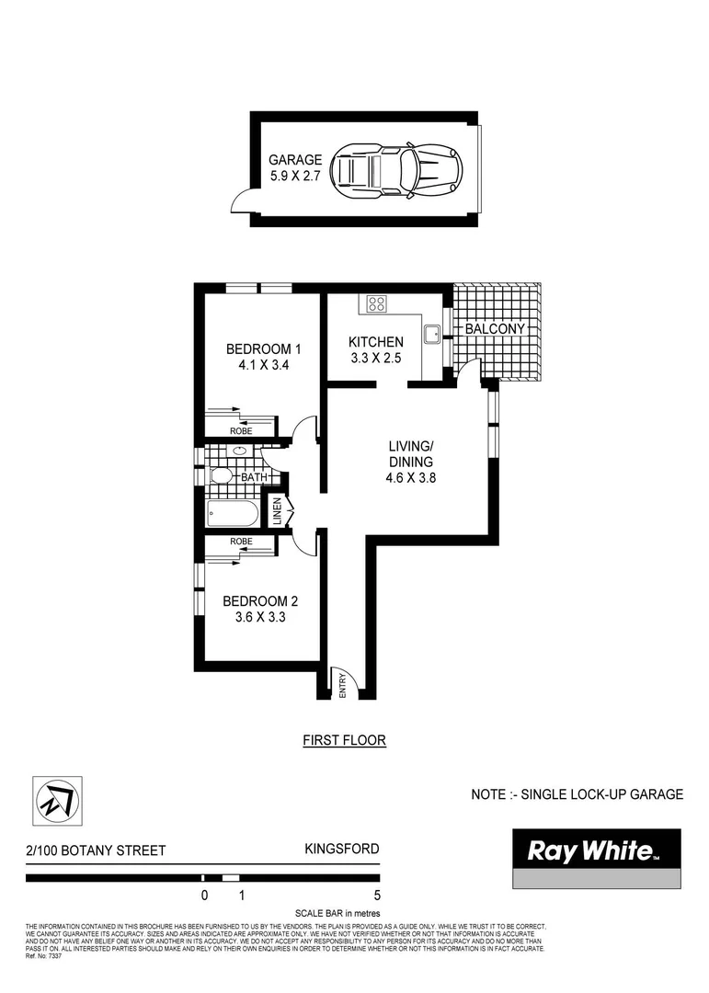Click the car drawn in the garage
coord(396,169)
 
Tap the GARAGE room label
coord(294,159)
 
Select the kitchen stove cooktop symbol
coord(377,303)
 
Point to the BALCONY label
coord(495,328)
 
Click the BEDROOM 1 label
coord(263,348)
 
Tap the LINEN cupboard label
coord(275,512)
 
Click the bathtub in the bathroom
coord(233,513)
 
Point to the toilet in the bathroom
coord(221,476)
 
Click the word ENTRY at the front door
coord(342,686)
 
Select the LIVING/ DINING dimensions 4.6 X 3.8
coord(409,478)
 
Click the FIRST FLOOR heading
coord(344,740)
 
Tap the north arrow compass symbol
coord(57,801)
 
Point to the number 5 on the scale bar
coord(376,895)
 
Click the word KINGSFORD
coord(341,849)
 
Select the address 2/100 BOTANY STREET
coord(97,850)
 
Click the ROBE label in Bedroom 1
coord(241,430)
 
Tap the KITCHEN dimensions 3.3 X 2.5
coord(375,359)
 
